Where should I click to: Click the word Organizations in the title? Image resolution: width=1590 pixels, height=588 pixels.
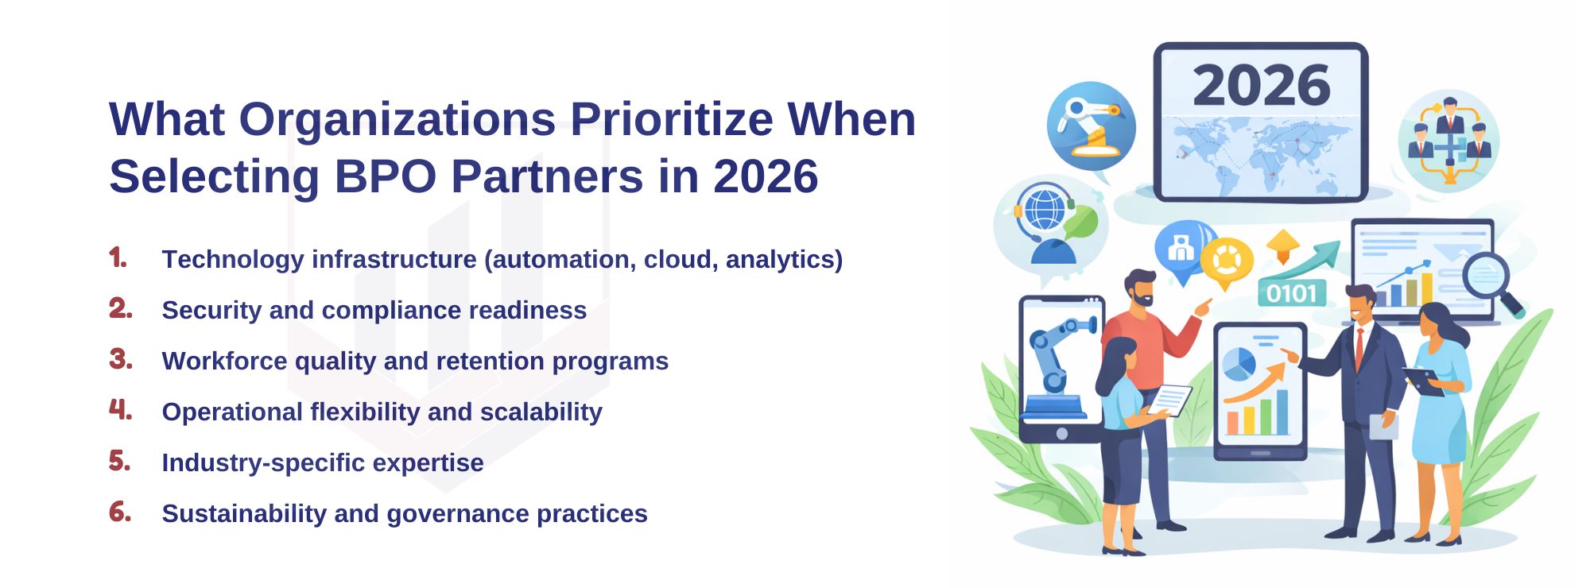pyautogui.click(x=397, y=120)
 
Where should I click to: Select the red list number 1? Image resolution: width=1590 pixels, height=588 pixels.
pyautogui.click(x=118, y=257)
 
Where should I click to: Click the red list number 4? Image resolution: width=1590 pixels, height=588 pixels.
pyautogui.click(x=120, y=410)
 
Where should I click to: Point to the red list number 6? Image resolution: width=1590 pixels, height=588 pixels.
pyautogui.click(x=120, y=512)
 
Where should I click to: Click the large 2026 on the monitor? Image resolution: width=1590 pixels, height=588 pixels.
pyautogui.click(x=1261, y=86)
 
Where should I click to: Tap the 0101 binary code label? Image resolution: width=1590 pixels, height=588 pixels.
pyautogui.click(x=1291, y=294)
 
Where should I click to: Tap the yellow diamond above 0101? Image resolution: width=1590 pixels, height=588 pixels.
pyautogui.click(x=1282, y=244)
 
